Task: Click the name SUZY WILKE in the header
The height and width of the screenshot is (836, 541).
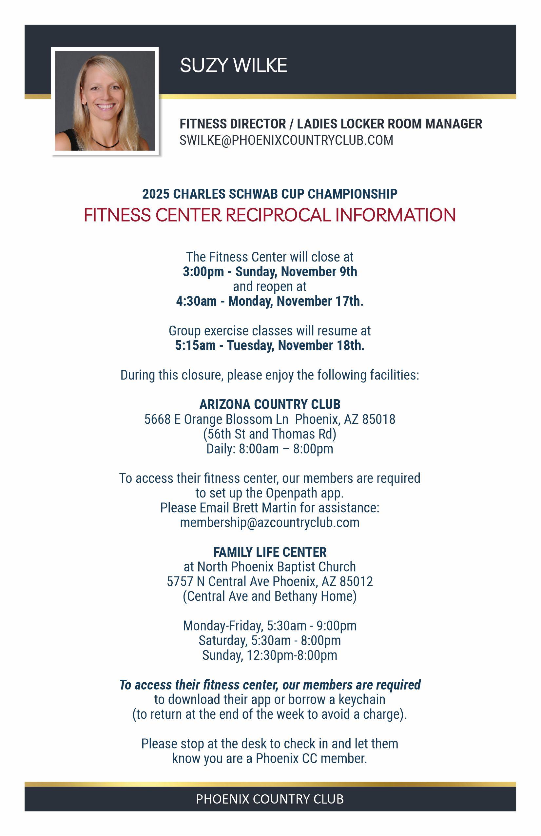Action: pyautogui.click(x=233, y=65)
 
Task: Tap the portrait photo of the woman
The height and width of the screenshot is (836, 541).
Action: pyautogui.click(x=105, y=101)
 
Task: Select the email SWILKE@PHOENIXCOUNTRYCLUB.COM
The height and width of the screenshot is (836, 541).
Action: pyautogui.click(x=286, y=141)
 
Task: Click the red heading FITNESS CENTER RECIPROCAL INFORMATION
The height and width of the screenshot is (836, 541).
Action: pyautogui.click(x=270, y=215)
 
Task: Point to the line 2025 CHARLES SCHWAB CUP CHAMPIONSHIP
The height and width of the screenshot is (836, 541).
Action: pyautogui.click(x=270, y=194)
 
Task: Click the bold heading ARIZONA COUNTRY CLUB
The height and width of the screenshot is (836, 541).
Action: pyautogui.click(x=270, y=404)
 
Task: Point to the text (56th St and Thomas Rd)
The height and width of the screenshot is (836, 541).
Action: pyautogui.click(x=270, y=434)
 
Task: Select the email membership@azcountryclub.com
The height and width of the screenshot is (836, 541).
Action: pyautogui.click(x=270, y=523)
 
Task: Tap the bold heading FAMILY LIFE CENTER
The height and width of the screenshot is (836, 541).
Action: pyautogui.click(x=270, y=552)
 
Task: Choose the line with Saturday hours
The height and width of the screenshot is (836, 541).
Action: pyautogui.click(x=270, y=641)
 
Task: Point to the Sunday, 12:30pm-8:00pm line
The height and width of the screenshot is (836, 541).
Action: pyautogui.click(x=270, y=655)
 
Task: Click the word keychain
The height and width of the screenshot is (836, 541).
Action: pyautogui.click(x=362, y=700)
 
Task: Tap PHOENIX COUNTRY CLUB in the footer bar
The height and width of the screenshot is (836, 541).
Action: pyautogui.click(x=270, y=799)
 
